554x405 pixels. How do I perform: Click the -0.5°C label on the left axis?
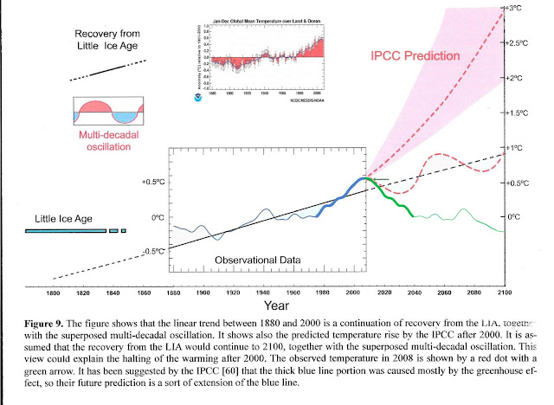point(152,251)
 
